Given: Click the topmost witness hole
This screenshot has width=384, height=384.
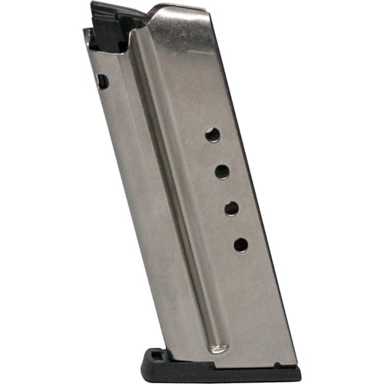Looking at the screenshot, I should [213, 135].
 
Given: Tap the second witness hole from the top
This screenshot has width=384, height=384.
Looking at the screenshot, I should [222, 171].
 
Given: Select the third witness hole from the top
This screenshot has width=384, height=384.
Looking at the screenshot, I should [231, 207].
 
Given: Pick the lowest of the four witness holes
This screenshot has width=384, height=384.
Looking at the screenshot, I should [240, 245].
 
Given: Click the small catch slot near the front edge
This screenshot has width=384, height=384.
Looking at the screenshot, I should [101, 80].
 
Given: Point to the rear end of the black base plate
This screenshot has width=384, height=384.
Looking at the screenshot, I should [300, 375].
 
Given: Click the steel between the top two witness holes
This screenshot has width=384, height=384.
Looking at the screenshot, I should [217, 154].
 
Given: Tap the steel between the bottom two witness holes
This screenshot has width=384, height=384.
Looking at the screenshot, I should [236, 227].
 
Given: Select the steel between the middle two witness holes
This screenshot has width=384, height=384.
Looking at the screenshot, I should [227, 190].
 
